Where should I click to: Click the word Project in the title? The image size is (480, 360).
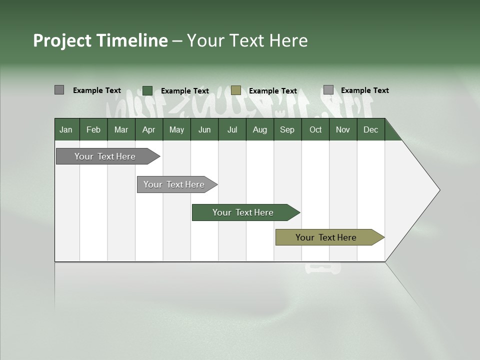[62, 40]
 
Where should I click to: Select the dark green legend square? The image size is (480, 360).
[147, 90]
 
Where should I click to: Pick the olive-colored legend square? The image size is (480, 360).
[236, 90]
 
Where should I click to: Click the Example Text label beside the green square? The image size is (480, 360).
[184, 91]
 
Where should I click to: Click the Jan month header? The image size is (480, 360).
[66, 129]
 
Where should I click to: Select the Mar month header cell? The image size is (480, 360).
[121, 129]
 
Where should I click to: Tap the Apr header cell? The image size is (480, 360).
[148, 129]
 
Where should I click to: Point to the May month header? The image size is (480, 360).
[176, 129]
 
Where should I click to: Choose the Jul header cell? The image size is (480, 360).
[232, 129]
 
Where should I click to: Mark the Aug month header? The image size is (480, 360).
[259, 129]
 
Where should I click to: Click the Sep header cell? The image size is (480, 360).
[287, 129]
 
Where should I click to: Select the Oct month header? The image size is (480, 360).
[315, 129]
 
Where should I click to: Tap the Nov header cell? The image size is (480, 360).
[343, 129]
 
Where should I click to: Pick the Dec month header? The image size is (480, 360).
[370, 129]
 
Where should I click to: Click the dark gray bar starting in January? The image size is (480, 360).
[105, 156]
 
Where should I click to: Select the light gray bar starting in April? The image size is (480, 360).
[174, 184]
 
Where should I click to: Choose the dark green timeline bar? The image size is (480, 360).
[243, 212]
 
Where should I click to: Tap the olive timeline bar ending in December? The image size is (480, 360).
[326, 237]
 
